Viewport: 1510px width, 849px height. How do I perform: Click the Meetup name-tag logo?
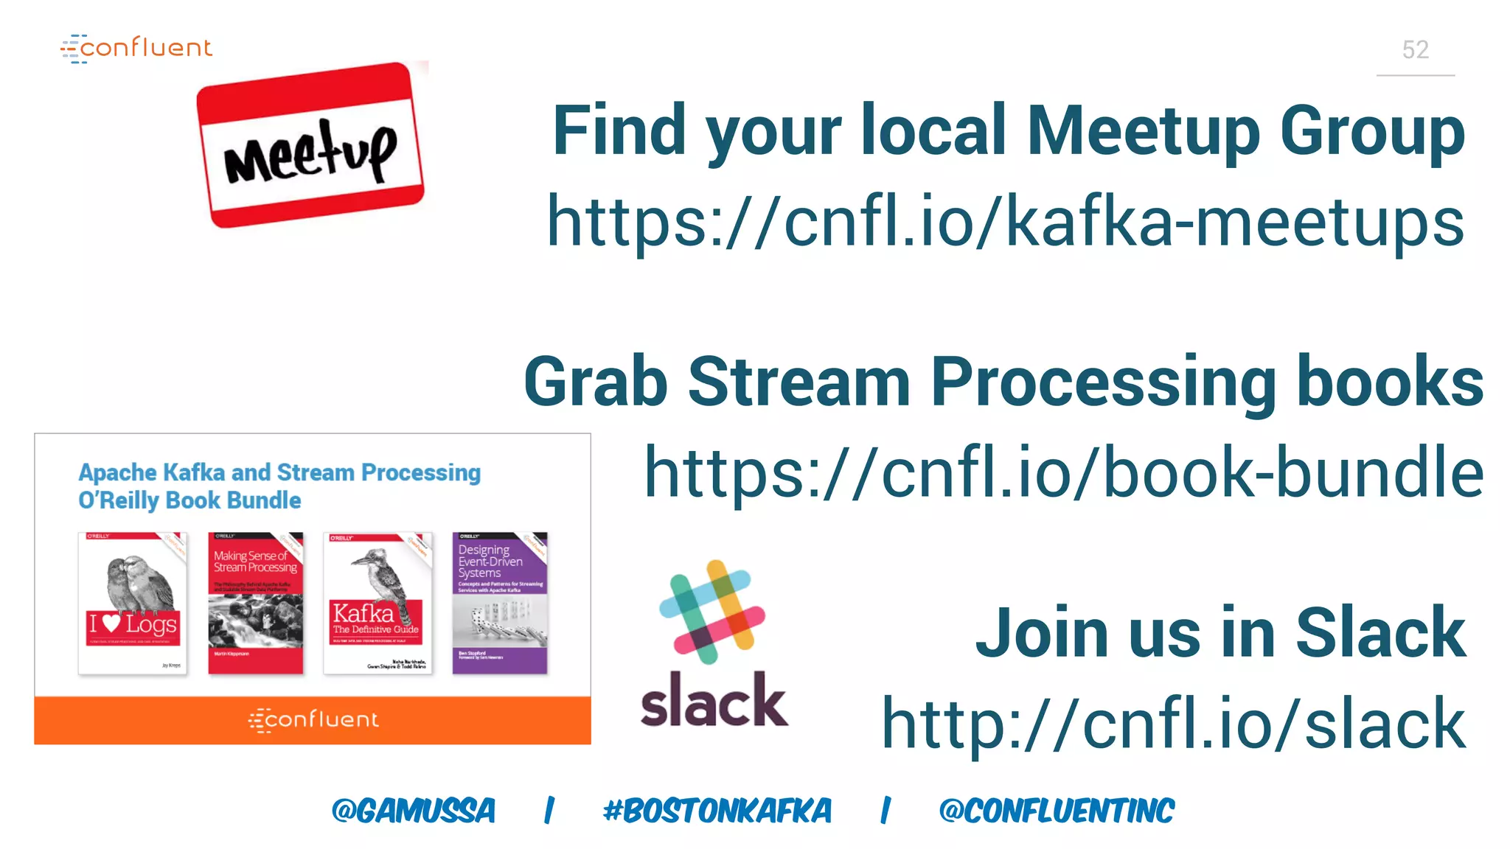[x=310, y=145]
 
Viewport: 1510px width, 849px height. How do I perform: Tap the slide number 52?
[x=1415, y=50]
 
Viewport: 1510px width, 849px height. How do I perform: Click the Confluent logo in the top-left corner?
[x=137, y=49]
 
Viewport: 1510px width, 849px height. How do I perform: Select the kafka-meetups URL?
[x=1005, y=222]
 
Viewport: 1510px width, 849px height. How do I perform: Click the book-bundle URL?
[x=1064, y=472]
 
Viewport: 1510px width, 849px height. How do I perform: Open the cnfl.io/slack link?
[x=1173, y=724]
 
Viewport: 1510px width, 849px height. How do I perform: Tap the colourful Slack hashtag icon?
[x=712, y=612]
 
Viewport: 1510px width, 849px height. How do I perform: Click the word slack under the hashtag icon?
[x=714, y=701]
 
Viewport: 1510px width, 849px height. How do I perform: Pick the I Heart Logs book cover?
[x=133, y=603]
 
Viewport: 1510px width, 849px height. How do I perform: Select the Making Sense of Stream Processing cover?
[x=256, y=603]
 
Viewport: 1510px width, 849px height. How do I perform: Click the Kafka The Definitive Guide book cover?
[x=377, y=603]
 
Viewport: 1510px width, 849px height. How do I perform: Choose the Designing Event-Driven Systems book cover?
[x=500, y=603]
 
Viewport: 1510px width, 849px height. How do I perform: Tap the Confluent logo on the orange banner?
[x=313, y=719]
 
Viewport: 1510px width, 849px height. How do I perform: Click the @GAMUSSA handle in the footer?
[x=414, y=811]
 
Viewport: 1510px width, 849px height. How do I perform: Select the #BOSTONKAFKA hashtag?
[x=717, y=811]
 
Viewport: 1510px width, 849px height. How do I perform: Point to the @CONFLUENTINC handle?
[x=1057, y=811]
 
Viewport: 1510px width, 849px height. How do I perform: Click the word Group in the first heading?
[x=1372, y=131]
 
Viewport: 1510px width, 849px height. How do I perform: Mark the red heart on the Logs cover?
[x=111, y=623]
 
